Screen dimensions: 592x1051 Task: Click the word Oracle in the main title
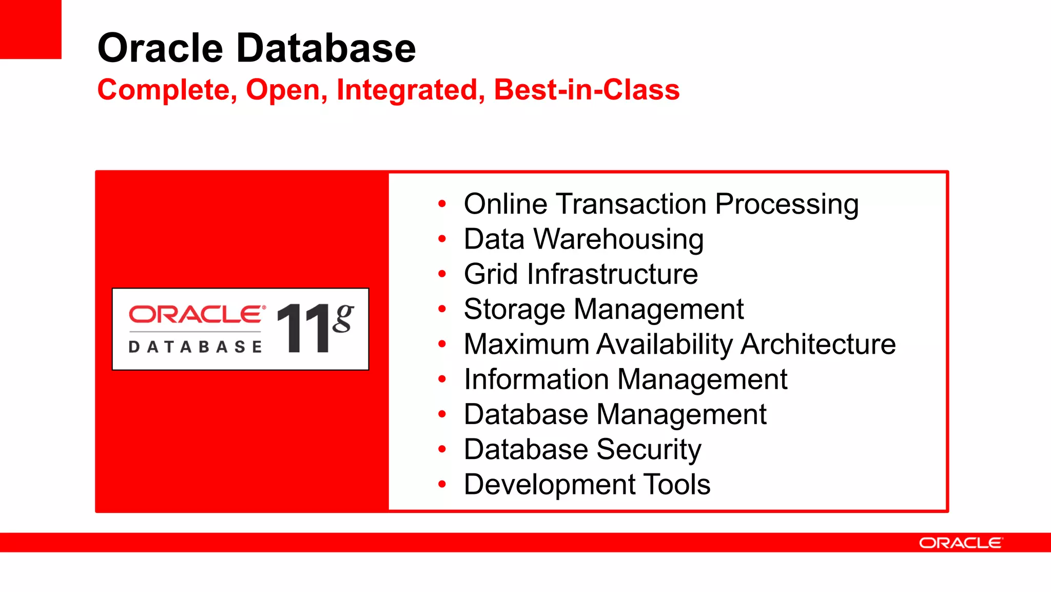point(160,48)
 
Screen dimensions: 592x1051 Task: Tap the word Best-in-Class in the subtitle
point(587,90)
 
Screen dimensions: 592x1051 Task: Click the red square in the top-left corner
point(30,29)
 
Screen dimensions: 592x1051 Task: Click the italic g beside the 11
point(343,318)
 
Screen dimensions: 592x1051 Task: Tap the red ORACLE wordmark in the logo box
point(197,314)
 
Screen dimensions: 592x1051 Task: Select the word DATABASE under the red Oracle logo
point(196,347)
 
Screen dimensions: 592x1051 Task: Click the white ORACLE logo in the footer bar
point(960,543)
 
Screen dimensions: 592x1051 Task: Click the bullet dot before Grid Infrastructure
point(442,274)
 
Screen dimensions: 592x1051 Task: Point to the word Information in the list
point(536,379)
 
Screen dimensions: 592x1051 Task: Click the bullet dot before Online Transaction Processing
point(442,204)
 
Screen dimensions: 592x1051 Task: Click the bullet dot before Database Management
point(442,414)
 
